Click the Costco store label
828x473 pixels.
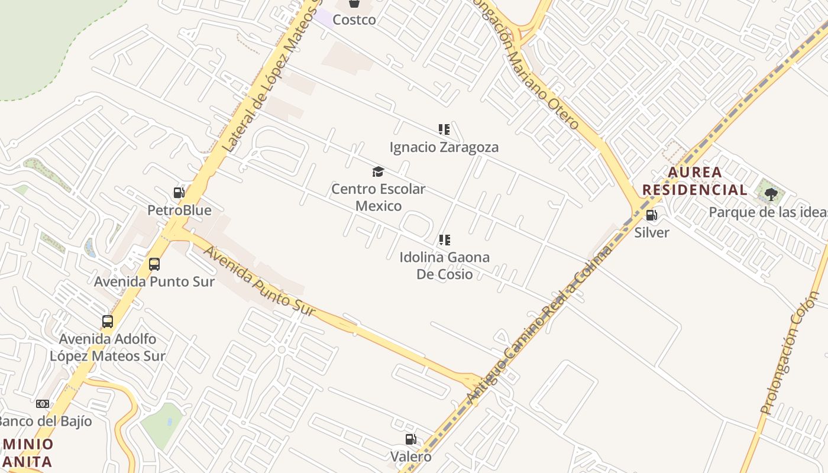[x=354, y=20]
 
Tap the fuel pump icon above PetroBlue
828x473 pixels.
[x=179, y=193]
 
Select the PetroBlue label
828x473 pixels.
[x=179, y=210]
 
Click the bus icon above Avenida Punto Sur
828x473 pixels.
[x=154, y=264]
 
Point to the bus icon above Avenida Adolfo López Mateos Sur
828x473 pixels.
[x=108, y=322]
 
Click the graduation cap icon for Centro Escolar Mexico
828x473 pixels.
[x=378, y=172]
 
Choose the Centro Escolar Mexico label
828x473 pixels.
[x=378, y=197]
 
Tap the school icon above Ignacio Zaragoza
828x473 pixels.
[x=444, y=129]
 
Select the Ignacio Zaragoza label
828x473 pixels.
[x=444, y=147]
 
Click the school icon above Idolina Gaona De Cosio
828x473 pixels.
[x=445, y=240]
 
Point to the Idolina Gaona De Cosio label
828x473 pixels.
[x=445, y=265]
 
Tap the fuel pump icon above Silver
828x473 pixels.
[x=652, y=215]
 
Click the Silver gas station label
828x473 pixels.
[x=652, y=232]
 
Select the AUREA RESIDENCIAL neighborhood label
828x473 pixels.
[x=695, y=181]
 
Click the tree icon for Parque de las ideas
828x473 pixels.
[x=771, y=194]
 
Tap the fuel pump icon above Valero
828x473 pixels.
[x=410, y=439]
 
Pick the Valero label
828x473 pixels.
[x=410, y=456]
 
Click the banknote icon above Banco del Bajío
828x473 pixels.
[x=43, y=404]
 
